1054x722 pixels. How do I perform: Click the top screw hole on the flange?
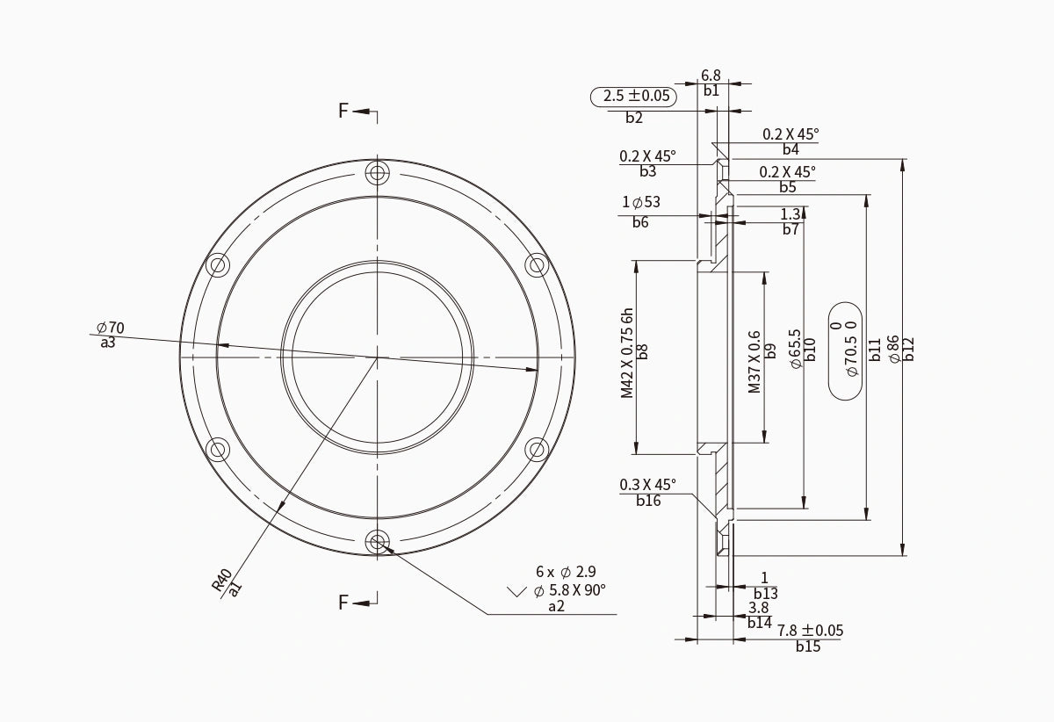[379, 171]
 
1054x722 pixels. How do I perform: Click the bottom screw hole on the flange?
[379, 542]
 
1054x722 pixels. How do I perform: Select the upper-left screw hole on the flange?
[219, 264]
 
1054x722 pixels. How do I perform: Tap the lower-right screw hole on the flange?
[537, 450]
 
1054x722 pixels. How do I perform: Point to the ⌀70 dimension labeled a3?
[111, 328]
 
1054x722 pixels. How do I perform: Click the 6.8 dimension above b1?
[711, 76]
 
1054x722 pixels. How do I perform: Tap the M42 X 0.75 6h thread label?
[627, 353]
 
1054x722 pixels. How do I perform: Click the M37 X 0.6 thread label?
[754, 362]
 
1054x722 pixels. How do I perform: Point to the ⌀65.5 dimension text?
[796, 349]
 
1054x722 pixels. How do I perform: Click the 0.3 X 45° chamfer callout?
[647, 485]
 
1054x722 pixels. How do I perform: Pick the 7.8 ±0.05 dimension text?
[809, 631]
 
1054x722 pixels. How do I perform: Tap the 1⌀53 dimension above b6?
[641, 203]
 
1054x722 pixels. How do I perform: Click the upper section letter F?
[344, 111]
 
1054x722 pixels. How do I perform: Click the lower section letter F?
[344, 603]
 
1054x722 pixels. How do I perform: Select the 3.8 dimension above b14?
[758, 608]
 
